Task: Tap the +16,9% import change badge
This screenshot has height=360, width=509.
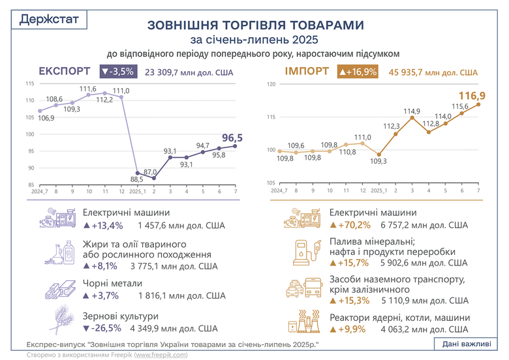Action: click(358, 72)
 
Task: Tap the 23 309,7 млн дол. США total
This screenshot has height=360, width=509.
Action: click(190, 72)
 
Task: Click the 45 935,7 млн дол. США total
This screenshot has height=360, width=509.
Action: click(433, 72)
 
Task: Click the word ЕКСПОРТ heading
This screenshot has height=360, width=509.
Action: click(64, 71)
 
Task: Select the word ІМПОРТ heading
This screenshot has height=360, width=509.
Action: click(306, 71)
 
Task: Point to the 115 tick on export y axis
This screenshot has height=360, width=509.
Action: click(30, 84)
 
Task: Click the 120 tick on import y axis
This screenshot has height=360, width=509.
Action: click(271, 84)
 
